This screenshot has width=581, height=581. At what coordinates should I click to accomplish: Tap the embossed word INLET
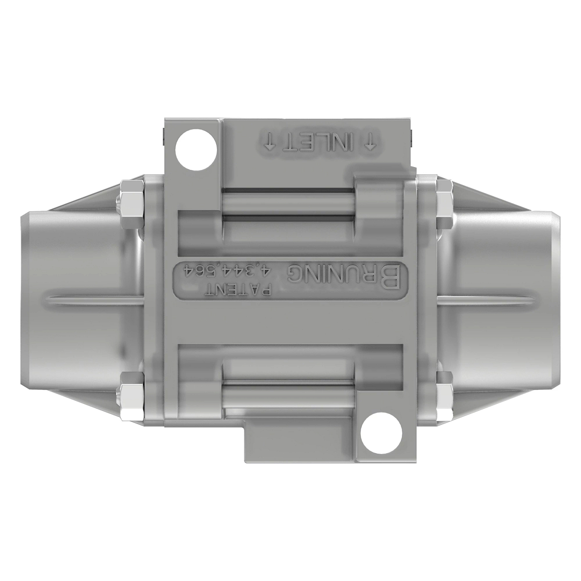tap(320, 142)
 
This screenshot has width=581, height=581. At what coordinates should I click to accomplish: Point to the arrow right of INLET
tap(371, 142)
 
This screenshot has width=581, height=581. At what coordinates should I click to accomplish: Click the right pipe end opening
tap(552, 300)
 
